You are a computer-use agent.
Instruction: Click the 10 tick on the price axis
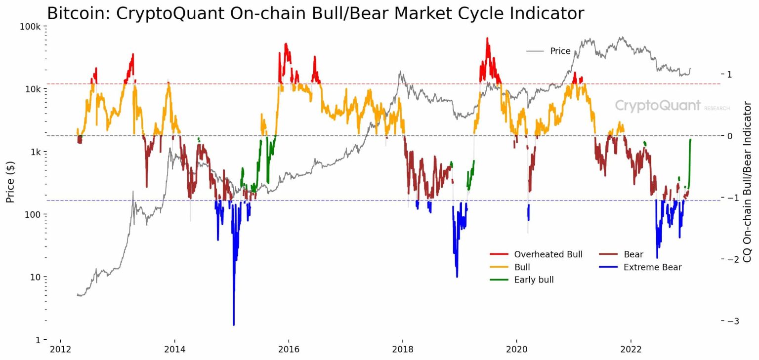(36, 277)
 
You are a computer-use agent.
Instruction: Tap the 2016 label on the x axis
(289, 350)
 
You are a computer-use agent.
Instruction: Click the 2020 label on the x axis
(517, 350)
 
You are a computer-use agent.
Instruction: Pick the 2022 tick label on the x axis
(631, 350)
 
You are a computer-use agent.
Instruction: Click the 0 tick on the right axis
(729, 136)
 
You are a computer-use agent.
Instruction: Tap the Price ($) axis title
(10, 183)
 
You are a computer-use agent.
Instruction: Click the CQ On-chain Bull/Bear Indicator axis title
(747, 182)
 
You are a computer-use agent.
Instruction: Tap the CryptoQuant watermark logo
(658, 105)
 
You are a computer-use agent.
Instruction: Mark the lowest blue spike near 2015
(234, 323)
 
